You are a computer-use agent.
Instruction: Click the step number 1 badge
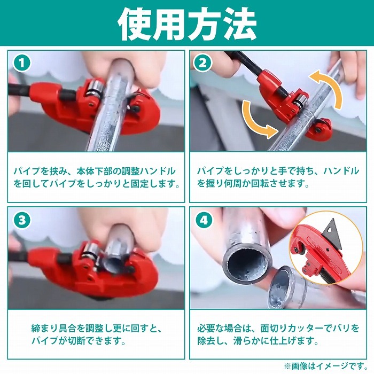point(22,63)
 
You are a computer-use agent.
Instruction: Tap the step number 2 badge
point(202,63)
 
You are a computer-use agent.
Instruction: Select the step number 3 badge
point(22,220)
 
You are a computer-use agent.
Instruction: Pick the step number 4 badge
point(204,220)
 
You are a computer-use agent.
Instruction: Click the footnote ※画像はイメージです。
point(325,365)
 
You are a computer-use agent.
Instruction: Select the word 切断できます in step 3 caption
point(93,341)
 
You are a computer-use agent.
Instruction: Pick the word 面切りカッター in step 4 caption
point(292,328)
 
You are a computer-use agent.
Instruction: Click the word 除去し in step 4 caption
point(210,341)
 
